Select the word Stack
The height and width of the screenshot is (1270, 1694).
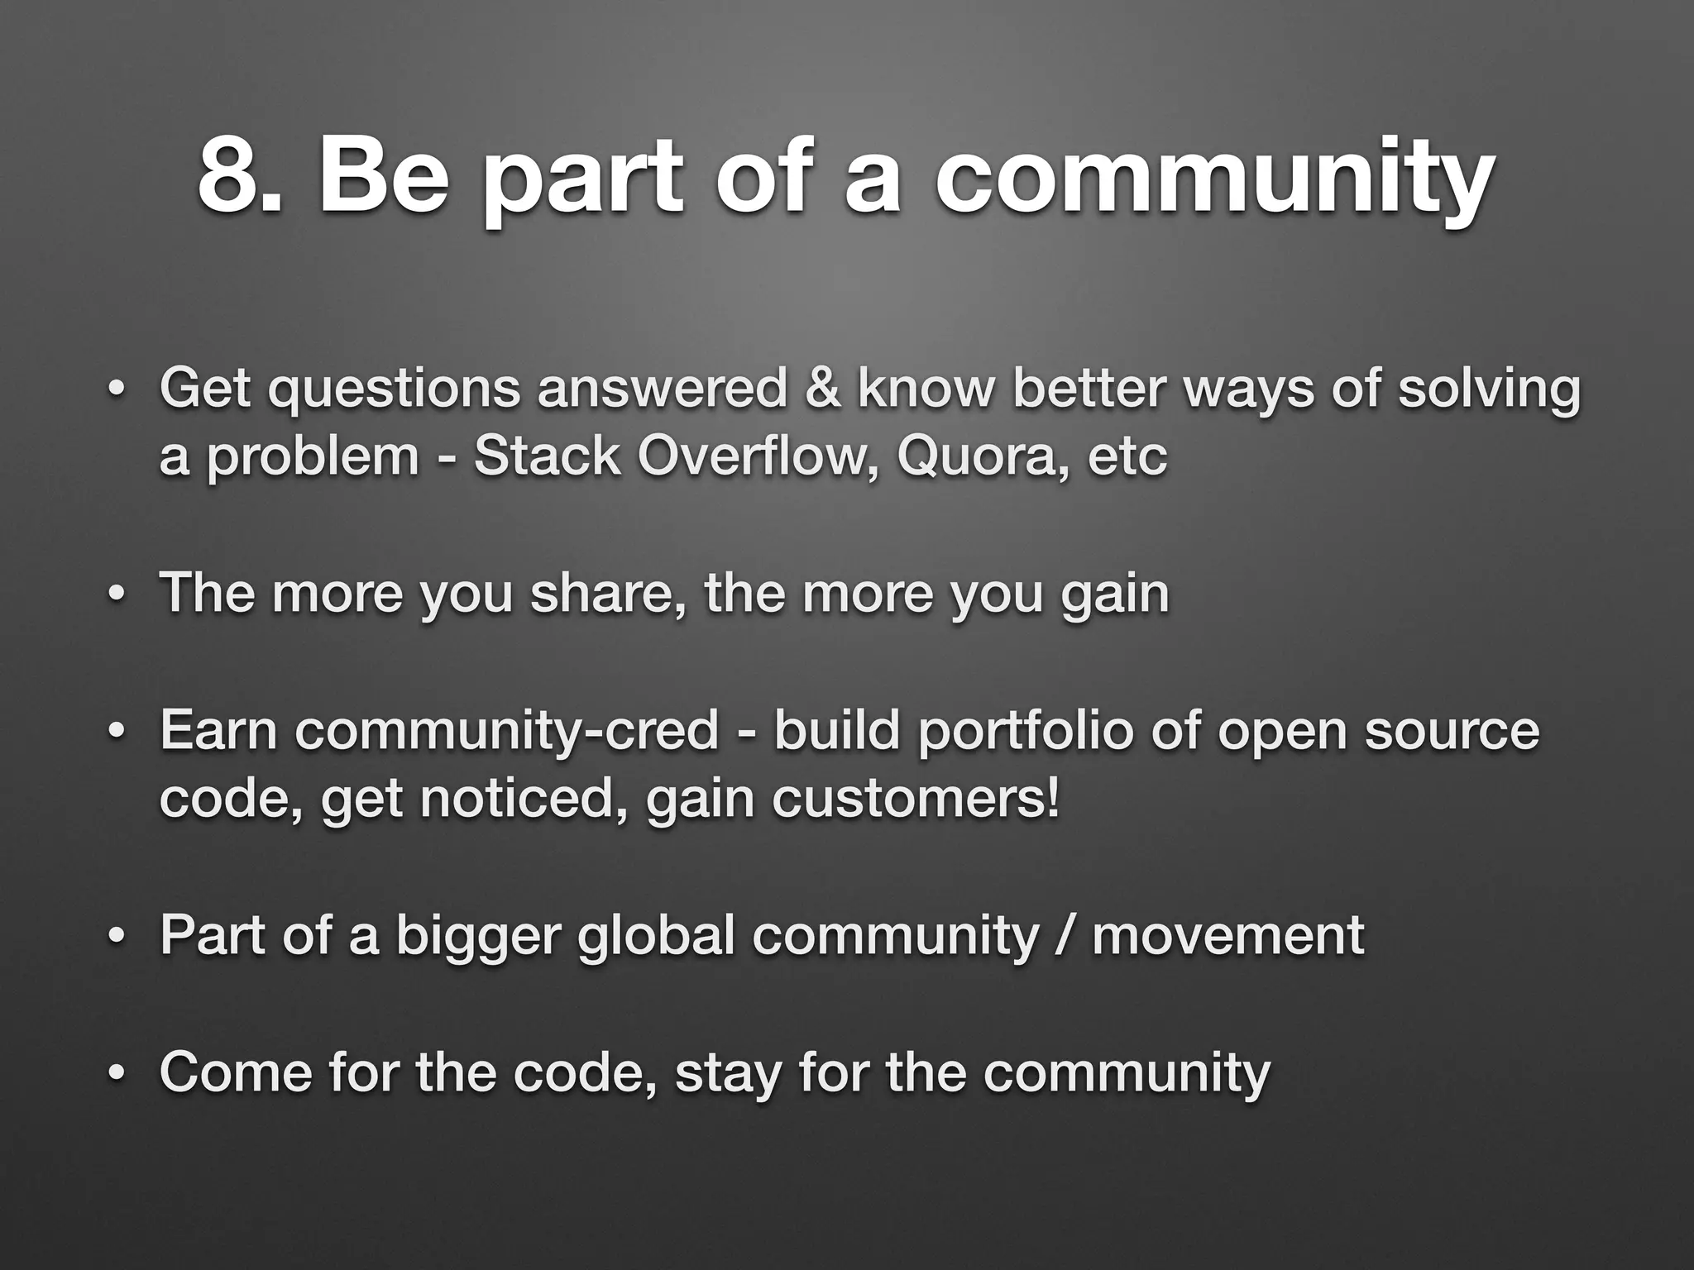click(x=546, y=456)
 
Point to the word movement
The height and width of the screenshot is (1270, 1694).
click(x=1227, y=935)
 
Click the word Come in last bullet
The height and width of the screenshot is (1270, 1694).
click(x=237, y=1072)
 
